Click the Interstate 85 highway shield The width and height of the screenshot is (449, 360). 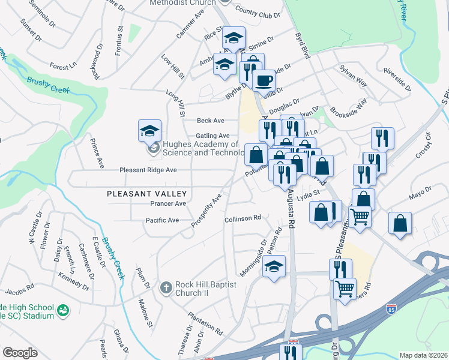(x=391, y=310)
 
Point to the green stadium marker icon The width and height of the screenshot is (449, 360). (x=62, y=311)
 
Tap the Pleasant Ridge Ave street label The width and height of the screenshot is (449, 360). (x=148, y=170)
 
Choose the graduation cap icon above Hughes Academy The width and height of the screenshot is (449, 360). (x=149, y=130)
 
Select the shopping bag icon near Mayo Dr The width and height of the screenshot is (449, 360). (x=400, y=223)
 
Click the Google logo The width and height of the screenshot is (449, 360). (x=20, y=353)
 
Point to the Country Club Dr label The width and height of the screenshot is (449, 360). (x=258, y=11)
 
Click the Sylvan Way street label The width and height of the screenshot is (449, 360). (x=353, y=76)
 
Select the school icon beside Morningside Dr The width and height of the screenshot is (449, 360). (x=274, y=266)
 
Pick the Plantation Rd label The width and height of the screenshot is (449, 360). (x=205, y=323)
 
